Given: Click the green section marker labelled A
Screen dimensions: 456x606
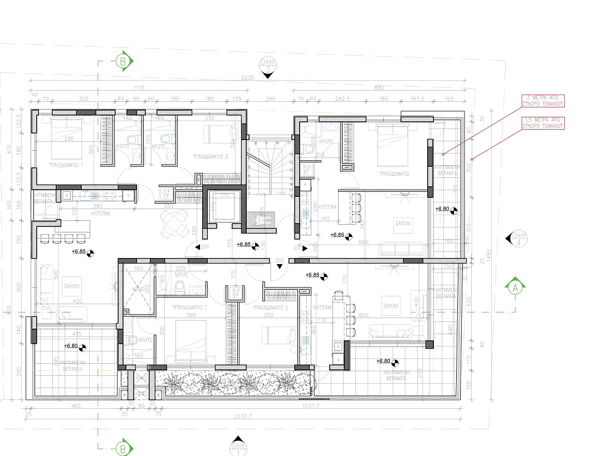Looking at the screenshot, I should [515, 288].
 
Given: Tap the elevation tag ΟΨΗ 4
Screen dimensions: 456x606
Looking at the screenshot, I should [518, 239].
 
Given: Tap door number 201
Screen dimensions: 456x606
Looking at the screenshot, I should [204, 247].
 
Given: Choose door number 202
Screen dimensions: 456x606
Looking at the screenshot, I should [280, 260].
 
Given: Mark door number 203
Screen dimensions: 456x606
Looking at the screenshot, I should [298, 247].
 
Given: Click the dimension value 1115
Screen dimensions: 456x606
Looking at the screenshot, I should [139, 87].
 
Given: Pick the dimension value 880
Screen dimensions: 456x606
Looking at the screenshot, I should [379, 87].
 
